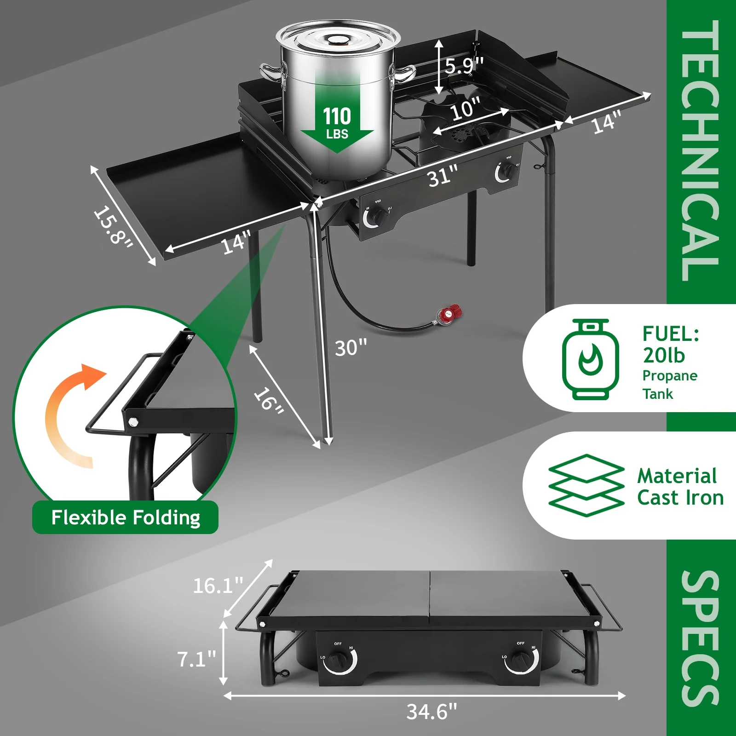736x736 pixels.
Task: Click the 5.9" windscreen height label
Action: click(x=464, y=65)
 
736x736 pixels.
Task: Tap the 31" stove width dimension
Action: click(x=443, y=176)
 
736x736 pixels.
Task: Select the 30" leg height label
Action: click(x=351, y=348)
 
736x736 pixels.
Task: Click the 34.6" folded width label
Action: click(x=432, y=712)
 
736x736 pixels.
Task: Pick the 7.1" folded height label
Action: click(x=196, y=659)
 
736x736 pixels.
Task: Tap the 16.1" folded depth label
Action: click(x=218, y=586)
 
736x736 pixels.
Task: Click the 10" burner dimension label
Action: click(x=466, y=109)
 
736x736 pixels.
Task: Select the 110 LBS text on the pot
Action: click(x=337, y=122)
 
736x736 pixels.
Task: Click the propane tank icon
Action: click(x=590, y=359)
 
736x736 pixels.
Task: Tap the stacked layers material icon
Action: click(x=586, y=485)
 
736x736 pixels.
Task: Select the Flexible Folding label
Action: click(x=126, y=517)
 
